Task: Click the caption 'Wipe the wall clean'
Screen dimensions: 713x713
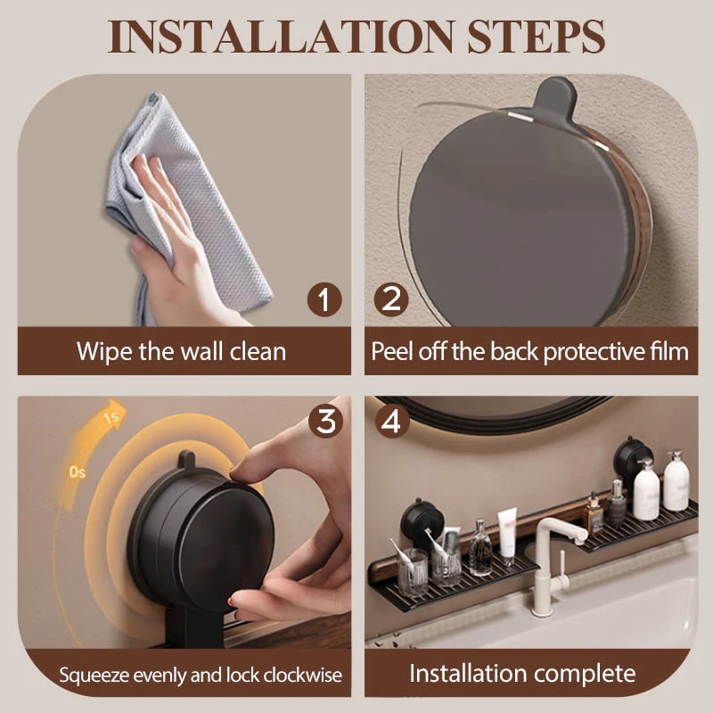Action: (x=181, y=350)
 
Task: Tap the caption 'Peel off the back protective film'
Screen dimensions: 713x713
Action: (x=529, y=350)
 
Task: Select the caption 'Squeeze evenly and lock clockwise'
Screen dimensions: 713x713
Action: (x=201, y=674)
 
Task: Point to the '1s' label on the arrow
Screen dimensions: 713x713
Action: (x=111, y=416)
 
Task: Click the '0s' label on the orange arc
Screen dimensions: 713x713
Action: (x=77, y=472)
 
